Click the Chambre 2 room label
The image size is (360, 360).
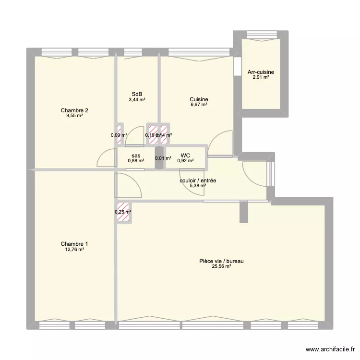pyautogui.click(x=74, y=110)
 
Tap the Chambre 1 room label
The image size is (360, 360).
pyautogui.click(x=74, y=244)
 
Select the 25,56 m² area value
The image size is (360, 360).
pyautogui.click(x=221, y=267)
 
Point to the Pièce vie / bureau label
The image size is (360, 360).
pyautogui.click(x=221, y=261)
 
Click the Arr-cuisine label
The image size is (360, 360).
pyautogui.click(x=261, y=72)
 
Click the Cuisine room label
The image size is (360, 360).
pyautogui.click(x=198, y=99)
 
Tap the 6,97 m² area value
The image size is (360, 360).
pyautogui.click(x=198, y=105)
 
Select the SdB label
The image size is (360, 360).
pyautogui.click(x=137, y=94)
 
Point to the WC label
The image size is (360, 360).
pyautogui.click(x=185, y=155)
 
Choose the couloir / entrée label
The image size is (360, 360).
pyautogui.click(x=197, y=180)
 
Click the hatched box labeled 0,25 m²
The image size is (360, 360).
pyautogui.click(x=123, y=212)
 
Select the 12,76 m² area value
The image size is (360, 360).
pyautogui.click(x=74, y=250)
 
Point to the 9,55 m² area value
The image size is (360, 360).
pyautogui.click(x=74, y=116)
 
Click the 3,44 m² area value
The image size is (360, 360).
pyautogui.click(x=137, y=100)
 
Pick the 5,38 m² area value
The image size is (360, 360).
pyautogui.click(x=197, y=186)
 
